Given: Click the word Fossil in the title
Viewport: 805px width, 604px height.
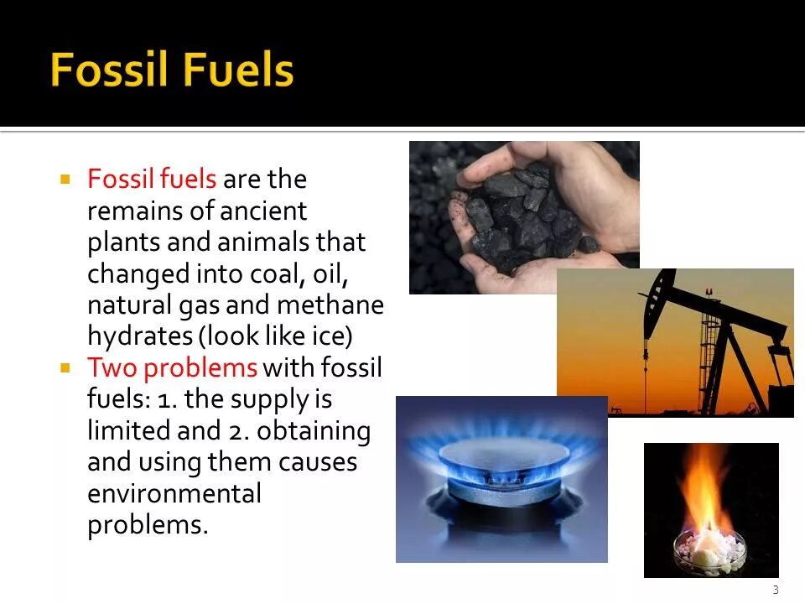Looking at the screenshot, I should pyautogui.click(x=107, y=71).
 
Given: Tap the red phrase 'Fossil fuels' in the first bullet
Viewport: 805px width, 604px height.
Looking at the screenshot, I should pyautogui.click(x=152, y=180).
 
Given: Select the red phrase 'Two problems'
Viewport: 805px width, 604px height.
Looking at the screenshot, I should pyautogui.click(x=172, y=367).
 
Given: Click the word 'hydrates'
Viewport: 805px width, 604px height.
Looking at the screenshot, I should pyautogui.click(x=139, y=336).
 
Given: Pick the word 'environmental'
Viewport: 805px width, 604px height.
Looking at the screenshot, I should pyautogui.click(x=174, y=493).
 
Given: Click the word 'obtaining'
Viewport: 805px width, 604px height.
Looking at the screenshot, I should pyautogui.click(x=314, y=430).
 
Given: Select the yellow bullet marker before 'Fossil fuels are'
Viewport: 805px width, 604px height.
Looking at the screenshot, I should pyautogui.click(x=65, y=179).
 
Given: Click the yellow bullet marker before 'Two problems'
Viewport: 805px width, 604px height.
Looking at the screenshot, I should pyautogui.click(x=65, y=367).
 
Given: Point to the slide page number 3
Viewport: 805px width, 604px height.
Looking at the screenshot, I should pyautogui.click(x=776, y=590).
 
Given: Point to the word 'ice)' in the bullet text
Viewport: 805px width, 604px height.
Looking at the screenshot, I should pyautogui.click(x=330, y=336).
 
